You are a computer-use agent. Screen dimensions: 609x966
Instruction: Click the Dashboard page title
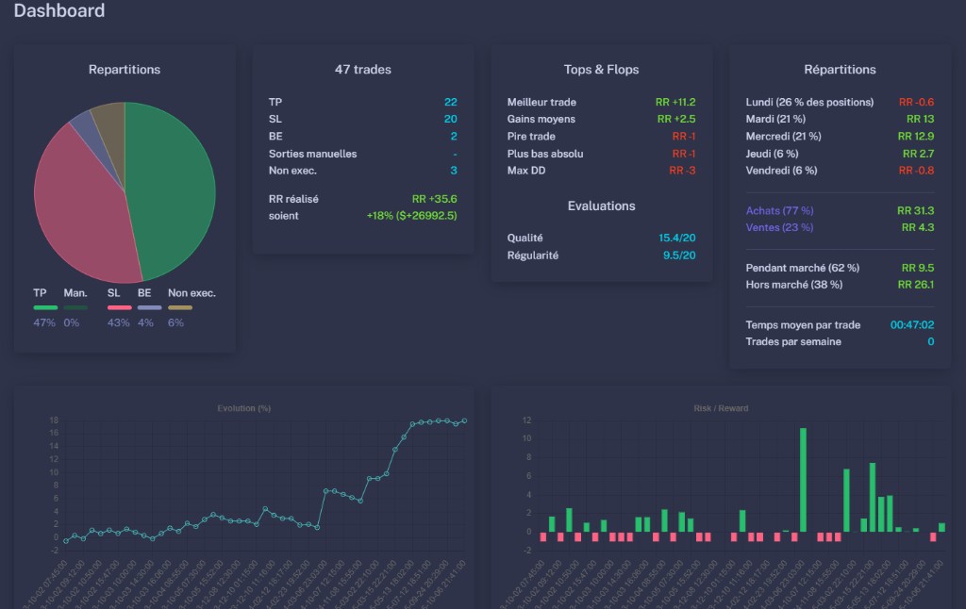point(59,11)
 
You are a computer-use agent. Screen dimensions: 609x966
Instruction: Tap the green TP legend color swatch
point(45,307)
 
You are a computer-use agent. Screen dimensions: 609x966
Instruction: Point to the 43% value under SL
point(118,322)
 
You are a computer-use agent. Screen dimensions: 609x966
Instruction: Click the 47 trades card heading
point(362,69)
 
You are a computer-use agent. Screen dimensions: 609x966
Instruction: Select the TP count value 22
point(450,102)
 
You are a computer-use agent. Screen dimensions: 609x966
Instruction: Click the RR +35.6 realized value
point(434,199)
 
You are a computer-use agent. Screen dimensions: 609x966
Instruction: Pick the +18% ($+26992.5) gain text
point(411,216)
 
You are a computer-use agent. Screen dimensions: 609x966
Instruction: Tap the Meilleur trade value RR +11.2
point(675,102)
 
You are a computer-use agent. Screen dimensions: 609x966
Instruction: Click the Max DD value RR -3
point(682,171)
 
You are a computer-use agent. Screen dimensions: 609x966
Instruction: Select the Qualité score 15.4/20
point(677,239)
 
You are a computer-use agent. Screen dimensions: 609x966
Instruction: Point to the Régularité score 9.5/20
point(679,255)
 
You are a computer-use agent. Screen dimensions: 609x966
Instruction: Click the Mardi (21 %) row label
point(775,119)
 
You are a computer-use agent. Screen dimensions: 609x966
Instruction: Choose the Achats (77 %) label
point(779,210)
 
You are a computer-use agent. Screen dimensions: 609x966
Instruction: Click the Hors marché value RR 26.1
point(917,285)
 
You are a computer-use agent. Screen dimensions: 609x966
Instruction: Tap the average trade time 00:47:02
point(911,325)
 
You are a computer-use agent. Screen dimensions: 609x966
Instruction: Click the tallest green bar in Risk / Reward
point(803,480)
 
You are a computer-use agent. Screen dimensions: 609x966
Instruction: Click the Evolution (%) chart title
point(243,408)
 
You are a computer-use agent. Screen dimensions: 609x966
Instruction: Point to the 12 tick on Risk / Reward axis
point(527,420)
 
